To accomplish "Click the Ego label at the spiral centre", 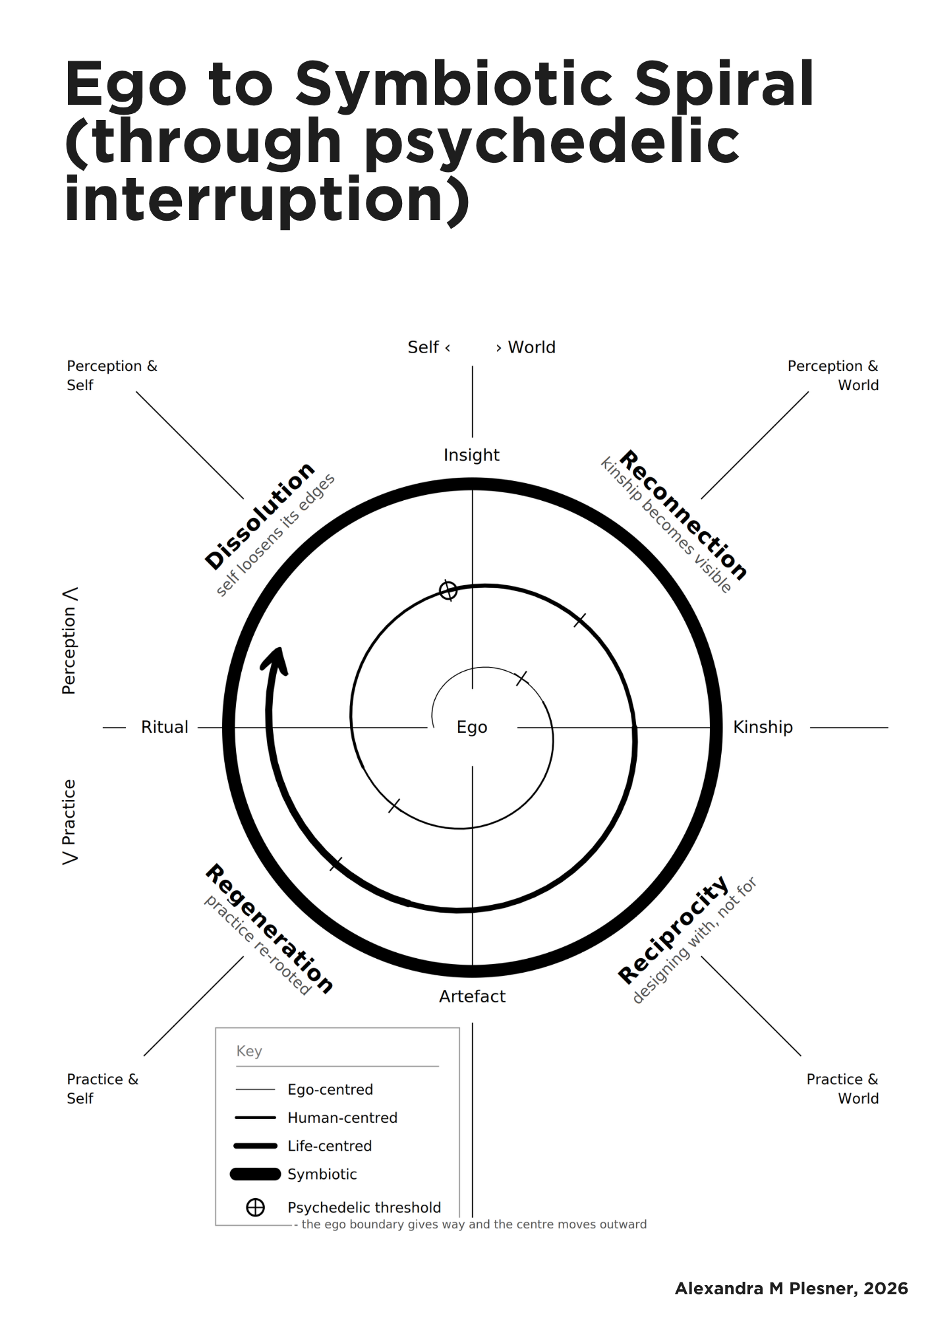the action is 472,728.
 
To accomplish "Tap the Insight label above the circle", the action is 471,455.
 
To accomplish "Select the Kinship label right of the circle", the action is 763,727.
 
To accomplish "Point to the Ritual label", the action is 165,727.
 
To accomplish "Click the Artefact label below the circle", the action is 472,996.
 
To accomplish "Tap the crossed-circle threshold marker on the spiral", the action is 448,590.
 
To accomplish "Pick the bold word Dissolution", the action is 260,515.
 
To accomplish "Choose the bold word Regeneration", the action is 270,929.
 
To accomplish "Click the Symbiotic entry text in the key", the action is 322,1174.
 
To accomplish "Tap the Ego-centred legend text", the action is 330,1090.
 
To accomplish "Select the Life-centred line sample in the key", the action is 255,1146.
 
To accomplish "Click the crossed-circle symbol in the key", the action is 255,1207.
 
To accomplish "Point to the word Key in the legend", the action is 249,1051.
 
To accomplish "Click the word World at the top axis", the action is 531,347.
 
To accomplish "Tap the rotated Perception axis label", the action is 69,650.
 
